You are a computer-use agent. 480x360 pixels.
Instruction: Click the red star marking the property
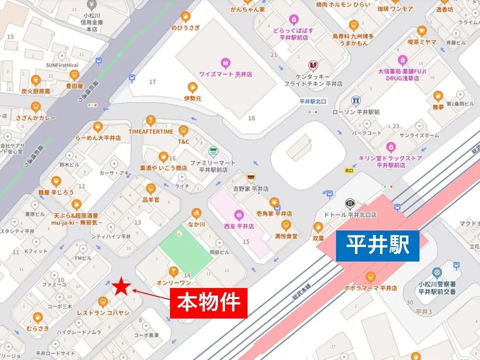pos(121,286)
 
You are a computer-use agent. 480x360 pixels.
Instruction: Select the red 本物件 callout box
pos(209,302)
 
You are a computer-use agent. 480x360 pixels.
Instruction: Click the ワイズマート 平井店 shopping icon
pos(225,63)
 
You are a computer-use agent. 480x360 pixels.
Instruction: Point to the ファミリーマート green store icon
pos(213,151)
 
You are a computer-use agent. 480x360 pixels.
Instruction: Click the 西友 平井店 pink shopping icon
pos(238,215)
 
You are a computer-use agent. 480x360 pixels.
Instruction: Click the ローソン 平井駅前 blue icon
pos(355,101)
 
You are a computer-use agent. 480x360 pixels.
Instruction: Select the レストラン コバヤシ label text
pos(103,312)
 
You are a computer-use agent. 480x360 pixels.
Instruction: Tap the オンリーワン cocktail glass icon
pos(173,271)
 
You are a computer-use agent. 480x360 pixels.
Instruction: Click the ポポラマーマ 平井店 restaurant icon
pos(370,277)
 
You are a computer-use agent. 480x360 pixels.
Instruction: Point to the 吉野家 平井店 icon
pos(250,177)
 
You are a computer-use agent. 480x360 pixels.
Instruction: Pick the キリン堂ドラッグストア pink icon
pos(390,147)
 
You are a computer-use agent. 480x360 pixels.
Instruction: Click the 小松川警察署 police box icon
pos(437,273)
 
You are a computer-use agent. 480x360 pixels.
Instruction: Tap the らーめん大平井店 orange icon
pos(97,126)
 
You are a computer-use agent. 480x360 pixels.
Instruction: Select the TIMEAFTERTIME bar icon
pos(150,120)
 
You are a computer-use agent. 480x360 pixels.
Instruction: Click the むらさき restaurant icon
pos(37,317)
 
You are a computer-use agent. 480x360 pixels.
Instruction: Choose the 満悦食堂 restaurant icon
pos(286,224)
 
